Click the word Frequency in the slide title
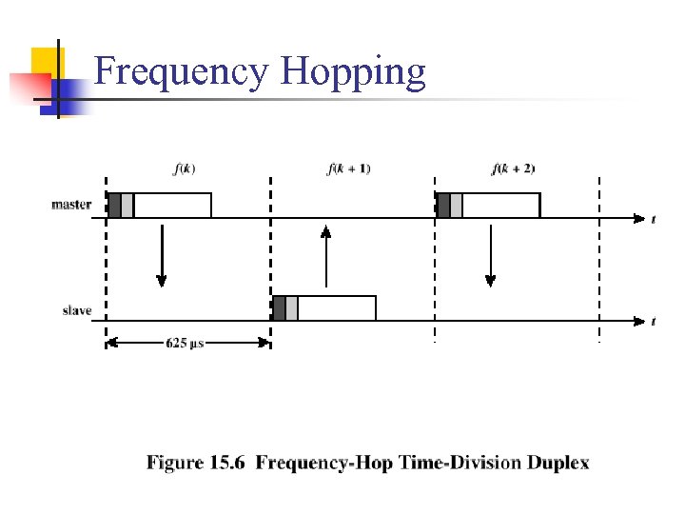(x=181, y=72)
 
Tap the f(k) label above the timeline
(x=185, y=169)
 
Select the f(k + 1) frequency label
(x=349, y=169)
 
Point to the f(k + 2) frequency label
(x=513, y=169)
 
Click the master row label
(x=71, y=204)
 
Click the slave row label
(x=77, y=310)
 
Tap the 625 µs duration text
(x=185, y=343)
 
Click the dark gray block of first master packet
(x=114, y=206)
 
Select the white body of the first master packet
(x=172, y=206)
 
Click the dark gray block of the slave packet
(x=279, y=307)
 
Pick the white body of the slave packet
(x=337, y=307)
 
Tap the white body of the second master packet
(x=500, y=206)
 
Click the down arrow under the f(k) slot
(x=162, y=255)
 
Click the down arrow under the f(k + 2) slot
(x=490, y=255)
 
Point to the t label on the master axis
(x=654, y=220)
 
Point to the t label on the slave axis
(x=654, y=322)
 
